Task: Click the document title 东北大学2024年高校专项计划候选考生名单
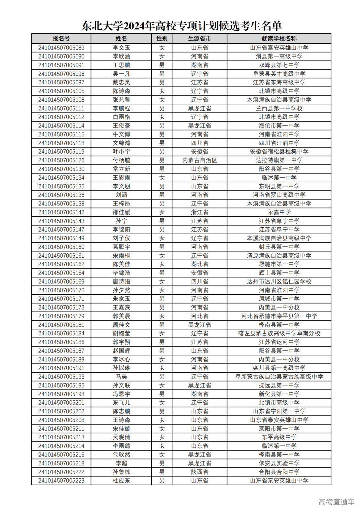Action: pyautogui.click(x=182, y=25)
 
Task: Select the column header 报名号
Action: pyautogui.click(x=61, y=39)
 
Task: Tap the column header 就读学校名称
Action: pyautogui.click(x=279, y=39)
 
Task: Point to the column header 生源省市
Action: pyautogui.click(x=200, y=39)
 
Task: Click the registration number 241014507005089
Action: pyautogui.click(x=61, y=48)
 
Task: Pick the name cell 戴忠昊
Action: pyautogui.click(x=121, y=82)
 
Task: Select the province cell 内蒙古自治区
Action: pyautogui.click(x=200, y=160)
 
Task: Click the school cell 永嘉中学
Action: pyautogui.click(x=279, y=212)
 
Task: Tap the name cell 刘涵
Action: pyautogui.click(x=121, y=195)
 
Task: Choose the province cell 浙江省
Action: pyautogui.click(x=200, y=212)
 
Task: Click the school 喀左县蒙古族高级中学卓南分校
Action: pyautogui.click(x=279, y=333)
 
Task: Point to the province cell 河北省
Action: pyautogui.click(x=200, y=316)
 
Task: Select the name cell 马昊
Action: pyautogui.click(x=121, y=377)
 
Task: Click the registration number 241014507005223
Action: pyautogui.click(x=61, y=481)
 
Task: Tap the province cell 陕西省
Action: pyautogui.click(x=200, y=472)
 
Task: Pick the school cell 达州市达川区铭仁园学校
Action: pyautogui.click(x=279, y=281)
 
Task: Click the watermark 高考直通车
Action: pyautogui.click(x=336, y=502)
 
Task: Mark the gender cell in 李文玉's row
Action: pyautogui.click(x=162, y=48)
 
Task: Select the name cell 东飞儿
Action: pyautogui.click(x=121, y=403)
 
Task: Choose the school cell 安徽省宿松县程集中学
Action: pyautogui.click(x=279, y=152)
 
